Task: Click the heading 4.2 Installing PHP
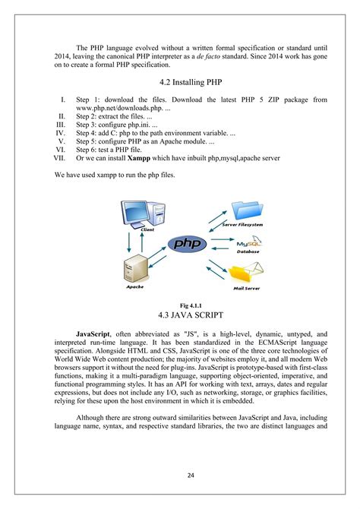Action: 191,82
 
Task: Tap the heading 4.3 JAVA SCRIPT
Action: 191,315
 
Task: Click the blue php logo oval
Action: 188,244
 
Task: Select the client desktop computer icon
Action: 143,214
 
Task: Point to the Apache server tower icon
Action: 136,268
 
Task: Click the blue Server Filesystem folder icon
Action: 247,210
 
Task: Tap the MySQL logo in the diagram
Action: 249,242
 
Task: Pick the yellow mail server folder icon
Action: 246,273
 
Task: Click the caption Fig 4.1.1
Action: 191,305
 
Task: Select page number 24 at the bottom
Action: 191,476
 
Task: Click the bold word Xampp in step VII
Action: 139,158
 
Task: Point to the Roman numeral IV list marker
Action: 60,133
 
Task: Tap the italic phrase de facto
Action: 208,56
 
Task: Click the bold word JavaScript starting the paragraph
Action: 93,334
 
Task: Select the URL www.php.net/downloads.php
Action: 119,108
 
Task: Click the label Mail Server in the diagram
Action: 246,288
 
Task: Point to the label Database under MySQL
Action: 248,251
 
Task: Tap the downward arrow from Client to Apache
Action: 129,242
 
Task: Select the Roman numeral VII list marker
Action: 59,158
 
